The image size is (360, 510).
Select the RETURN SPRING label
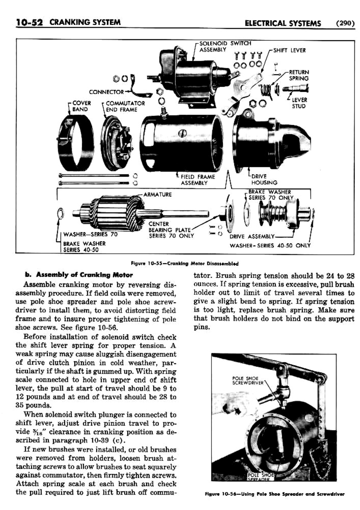(299, 75)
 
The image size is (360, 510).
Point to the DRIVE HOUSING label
(264, 179)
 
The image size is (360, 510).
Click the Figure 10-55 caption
(185, 263)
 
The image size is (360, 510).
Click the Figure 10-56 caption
(275, 494)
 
